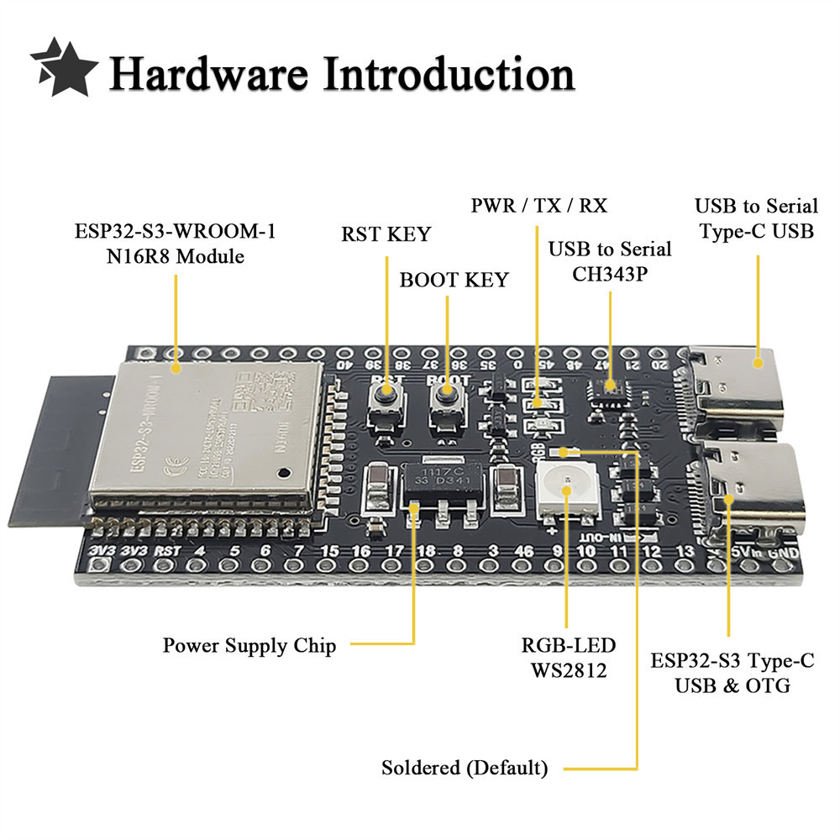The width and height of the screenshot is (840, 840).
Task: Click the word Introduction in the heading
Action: [449, 74]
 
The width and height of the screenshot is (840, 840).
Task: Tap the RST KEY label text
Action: [386, 234]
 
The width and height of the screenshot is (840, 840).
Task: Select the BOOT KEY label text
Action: [454, 280]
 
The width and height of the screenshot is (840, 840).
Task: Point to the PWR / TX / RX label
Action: [539, 206]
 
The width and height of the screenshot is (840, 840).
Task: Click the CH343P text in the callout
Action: [611, 273]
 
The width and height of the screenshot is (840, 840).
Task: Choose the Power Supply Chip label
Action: [249, 646]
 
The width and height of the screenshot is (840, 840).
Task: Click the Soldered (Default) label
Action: [465, 768]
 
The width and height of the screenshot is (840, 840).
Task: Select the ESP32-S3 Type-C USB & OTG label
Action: [732, 673]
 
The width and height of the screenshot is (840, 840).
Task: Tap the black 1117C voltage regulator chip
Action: [444, 486]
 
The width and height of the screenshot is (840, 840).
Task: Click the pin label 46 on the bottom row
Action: [523, 552]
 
